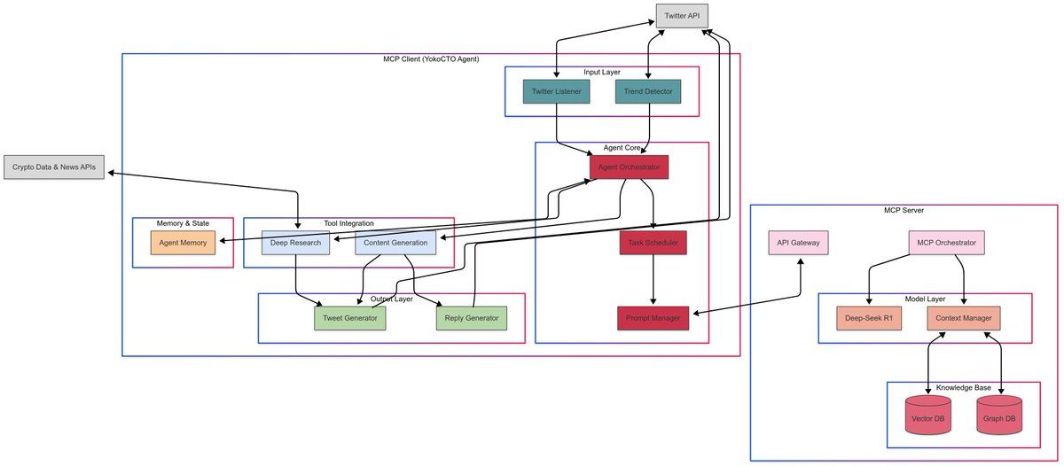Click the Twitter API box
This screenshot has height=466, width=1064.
(x=682, y=16)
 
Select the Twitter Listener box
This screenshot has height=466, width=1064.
(x=556, y=91)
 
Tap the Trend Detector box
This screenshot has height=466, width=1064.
(x=648, y=91)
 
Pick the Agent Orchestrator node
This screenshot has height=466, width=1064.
(x=629, y=167)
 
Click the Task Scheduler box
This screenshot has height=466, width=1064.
(x=653, y=243)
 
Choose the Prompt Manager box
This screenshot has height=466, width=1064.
(x=653, y=318)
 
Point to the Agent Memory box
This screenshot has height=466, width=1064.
(x=183, y=243)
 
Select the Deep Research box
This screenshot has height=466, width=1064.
(x=295, y=243)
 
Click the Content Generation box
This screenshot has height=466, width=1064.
(x=395, y=243)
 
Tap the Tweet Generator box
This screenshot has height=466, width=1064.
(x=350, y=318)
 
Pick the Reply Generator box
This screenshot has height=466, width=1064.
(x=472, y=318)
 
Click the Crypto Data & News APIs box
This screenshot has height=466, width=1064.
(x=54, y=167)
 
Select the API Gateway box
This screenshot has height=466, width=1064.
(x=799, y=243)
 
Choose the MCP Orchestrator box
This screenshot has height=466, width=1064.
(x=947, y=243)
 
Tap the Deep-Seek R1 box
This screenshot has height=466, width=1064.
(x=869, y=318)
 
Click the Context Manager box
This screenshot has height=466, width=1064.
(x=964, y=318)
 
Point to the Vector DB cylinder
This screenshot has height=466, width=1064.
(x=928, y=415)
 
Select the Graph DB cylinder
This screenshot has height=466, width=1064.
(x=999, y=415)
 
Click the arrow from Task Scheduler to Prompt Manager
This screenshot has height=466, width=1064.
(x=653, y=279)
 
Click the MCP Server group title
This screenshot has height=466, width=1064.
(x=904, y=210)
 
